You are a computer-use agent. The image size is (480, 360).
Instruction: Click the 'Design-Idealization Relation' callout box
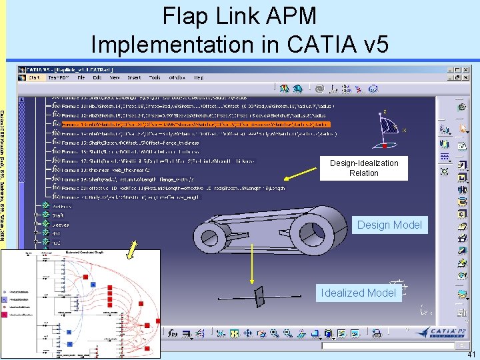pos(364,168)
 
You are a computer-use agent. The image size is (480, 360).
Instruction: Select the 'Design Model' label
pos(389,225)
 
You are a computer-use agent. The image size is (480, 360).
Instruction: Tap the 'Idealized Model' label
pos(358,293)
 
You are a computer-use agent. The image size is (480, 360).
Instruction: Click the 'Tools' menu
pos(155,78)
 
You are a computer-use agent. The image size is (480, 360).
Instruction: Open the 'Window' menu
pos(177,78)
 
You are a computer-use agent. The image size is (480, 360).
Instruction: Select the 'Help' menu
pos(198,78)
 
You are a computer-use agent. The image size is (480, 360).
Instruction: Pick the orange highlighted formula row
pos(194,124)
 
